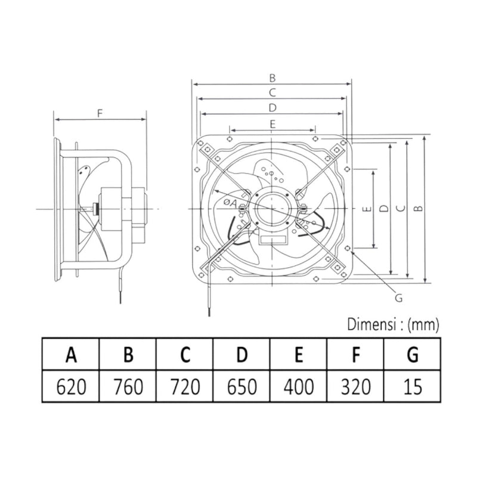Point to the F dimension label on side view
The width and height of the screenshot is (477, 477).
[x=100, y=111]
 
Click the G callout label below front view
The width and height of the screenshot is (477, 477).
[x=400, y=298]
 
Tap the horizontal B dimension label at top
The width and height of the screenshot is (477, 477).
[x=271, y=77]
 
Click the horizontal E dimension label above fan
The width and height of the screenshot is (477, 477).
[x=271, y=123]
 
